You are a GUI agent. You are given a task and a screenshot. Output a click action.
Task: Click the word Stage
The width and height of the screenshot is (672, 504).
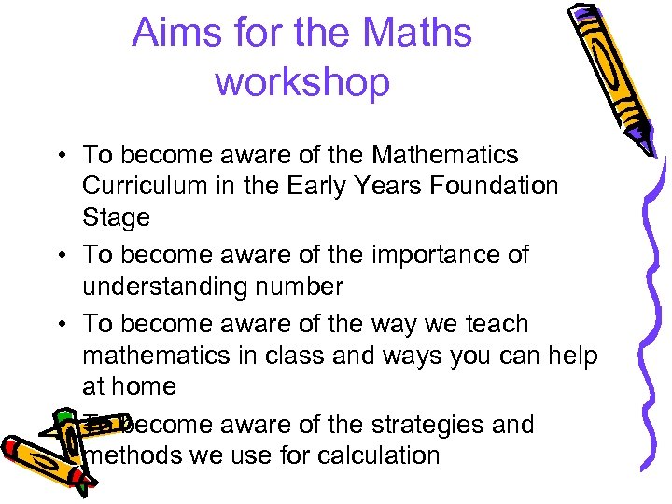[x=116, y=218]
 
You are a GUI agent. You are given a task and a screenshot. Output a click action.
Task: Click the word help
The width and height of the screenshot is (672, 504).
[x=571, y=357]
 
